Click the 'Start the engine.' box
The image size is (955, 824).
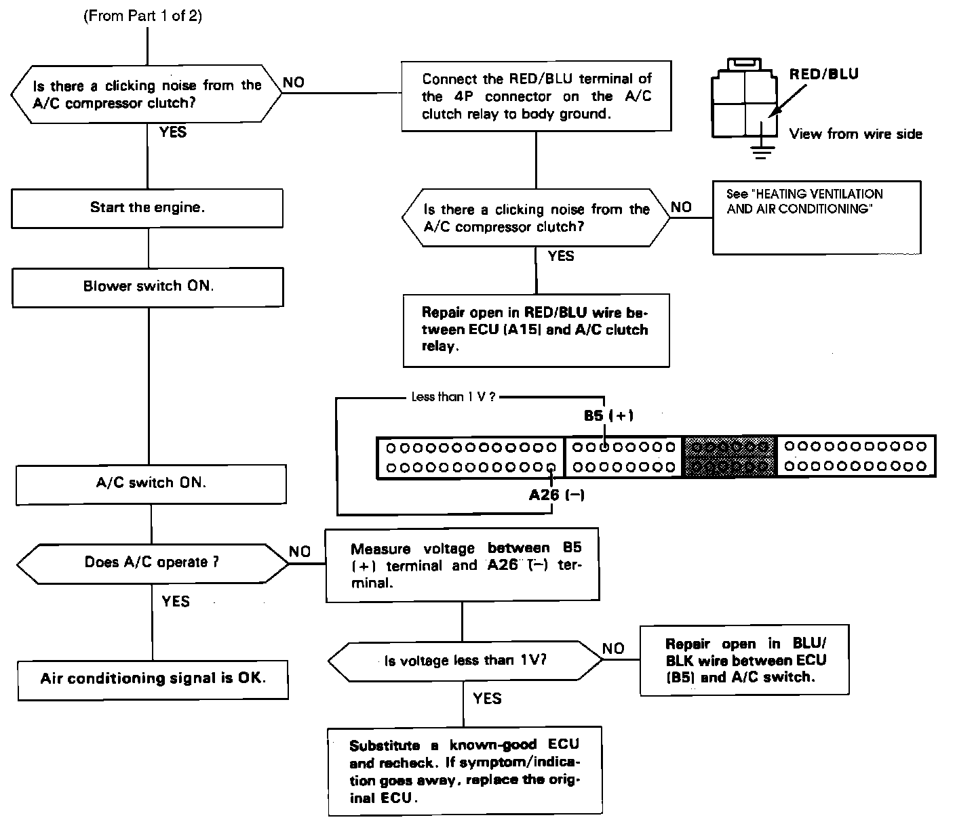coord(147,207)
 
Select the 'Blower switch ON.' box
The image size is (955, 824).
coord(148,286)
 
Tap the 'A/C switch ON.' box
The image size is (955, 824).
coord(151,483)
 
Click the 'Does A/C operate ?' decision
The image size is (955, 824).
coord(152,562)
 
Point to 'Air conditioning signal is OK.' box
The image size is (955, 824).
coord(153,678)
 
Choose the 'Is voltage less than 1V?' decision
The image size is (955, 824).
coord(465,661)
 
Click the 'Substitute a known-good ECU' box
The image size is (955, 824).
coord(465,771)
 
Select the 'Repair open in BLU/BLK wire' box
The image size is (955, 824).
coord(745,660)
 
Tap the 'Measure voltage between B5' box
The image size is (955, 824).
coord(463,565)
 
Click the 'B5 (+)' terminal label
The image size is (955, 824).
coord(608,415)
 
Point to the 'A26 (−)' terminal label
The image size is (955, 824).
coord(556,495)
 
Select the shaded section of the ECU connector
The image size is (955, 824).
coord(730,457)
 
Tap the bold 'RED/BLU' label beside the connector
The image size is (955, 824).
coord(823,75)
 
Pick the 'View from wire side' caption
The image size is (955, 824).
coord(855,134)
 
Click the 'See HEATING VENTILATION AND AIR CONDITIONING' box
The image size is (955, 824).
coord(817,217)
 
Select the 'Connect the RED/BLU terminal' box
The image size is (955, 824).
coord(536,96)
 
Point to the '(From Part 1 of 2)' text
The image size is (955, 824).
coord(142,16)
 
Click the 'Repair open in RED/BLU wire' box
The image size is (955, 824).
coord(536,330)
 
